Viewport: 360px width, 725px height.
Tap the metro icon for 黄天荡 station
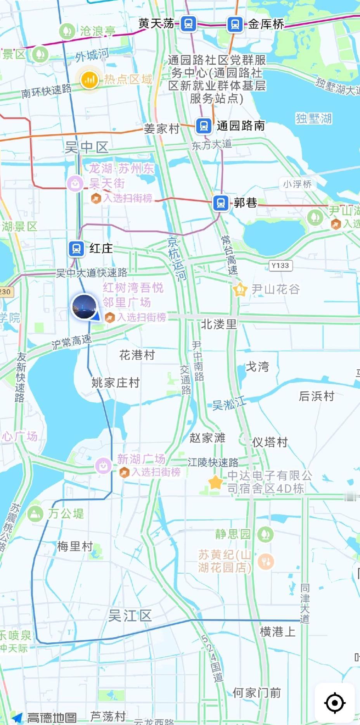[189, 24]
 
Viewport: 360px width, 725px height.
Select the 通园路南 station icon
[204, 126]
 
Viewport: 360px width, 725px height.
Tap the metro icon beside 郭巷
[221, 203]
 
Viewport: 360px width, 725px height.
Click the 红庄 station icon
[76, 249]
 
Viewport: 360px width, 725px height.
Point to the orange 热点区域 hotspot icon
[89, 80]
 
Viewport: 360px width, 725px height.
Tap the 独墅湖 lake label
[313, 118]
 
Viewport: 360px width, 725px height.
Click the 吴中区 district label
[87, 147]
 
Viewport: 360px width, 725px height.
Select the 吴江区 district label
[130, 615]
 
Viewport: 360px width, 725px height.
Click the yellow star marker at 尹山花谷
[240, 289]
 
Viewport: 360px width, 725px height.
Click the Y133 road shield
[280, 266]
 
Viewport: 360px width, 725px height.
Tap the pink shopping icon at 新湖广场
[104, 465]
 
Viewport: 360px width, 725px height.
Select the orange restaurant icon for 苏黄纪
[266, 561]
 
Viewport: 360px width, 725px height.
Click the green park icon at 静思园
[265, 534]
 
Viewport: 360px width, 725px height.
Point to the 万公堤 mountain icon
[35, 514]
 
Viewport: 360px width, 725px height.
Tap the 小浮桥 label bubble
[297, 184]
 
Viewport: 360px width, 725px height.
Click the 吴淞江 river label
[229, 403]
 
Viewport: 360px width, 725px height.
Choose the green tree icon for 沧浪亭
[67, 31]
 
